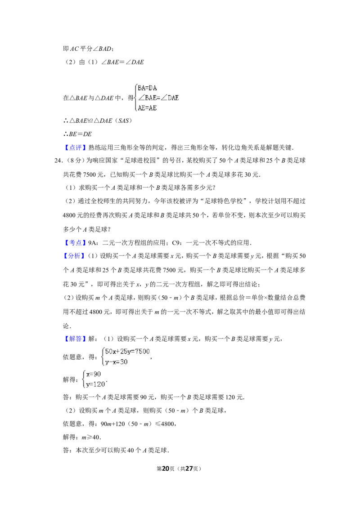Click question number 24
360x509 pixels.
coord(58,161)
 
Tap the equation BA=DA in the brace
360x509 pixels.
coord(147,88)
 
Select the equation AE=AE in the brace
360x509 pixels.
coord(147,108)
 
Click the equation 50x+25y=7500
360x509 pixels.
coord(127,351)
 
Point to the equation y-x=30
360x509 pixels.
coord(116,362)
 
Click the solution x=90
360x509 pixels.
coord(94,374)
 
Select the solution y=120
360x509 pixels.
coord(95,384)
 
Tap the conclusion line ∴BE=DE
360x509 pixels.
coord(77,134)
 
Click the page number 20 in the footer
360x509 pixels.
coord(166,469)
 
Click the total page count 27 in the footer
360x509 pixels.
coord(189,469)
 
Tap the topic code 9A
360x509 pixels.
coord(92,243)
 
